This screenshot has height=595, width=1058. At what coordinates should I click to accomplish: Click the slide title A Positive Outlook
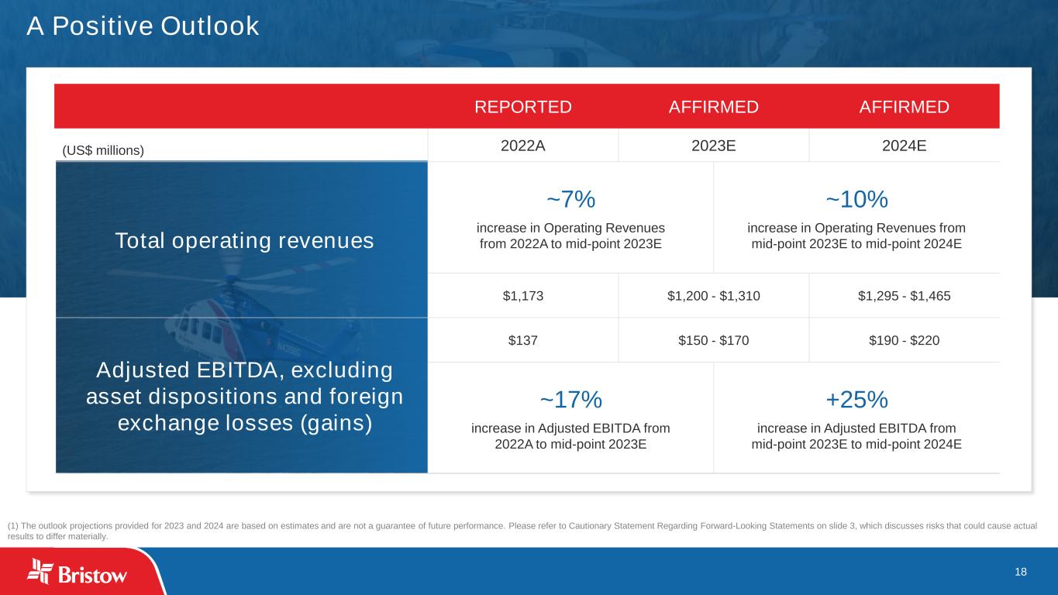click(143, 26)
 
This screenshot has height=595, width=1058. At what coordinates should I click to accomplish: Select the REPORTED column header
click(523, 107)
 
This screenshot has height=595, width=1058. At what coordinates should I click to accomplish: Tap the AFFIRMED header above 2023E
click(713, 107)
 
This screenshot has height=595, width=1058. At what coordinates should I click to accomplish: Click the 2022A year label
click(523, 146)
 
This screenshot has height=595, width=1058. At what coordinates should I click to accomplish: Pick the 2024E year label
click(904, 146)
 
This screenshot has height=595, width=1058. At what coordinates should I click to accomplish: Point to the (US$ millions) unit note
click(103, 150)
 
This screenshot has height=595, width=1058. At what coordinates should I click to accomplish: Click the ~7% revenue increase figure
click(570, 199)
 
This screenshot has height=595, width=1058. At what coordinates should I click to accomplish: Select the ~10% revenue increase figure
click(856, 199)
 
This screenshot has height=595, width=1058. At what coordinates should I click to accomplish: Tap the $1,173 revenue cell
click(523, 296)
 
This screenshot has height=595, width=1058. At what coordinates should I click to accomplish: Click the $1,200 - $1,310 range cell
click(713, 296)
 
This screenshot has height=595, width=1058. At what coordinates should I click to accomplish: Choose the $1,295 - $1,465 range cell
click(904, 296)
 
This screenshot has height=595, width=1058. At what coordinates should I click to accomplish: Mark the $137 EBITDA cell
click(523, 340)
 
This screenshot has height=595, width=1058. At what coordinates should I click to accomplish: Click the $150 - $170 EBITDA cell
click(713, 340)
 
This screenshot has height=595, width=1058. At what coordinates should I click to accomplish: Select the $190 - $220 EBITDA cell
click(904, 340)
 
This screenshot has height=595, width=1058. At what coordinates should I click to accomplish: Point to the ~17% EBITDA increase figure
click(570, 400)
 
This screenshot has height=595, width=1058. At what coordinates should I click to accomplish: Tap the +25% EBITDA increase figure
click(856, 400)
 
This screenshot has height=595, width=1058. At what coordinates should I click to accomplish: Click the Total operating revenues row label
click(244, 241)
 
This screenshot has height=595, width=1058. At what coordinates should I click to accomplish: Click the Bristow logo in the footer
click(77, 572)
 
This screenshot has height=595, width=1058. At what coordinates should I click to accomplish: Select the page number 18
click(1020, 572)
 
